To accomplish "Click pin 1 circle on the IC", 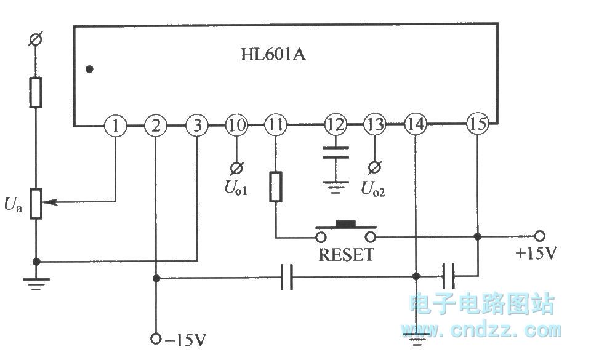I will [x=115, y=126].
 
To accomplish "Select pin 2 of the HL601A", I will [x=156, y=126].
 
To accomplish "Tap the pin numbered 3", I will [x=197, y=126].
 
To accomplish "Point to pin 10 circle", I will [x=236, y=126].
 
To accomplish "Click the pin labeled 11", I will [x=275, y=126].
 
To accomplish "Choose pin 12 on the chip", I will [x=336, y=126].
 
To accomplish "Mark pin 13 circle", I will [x=374, y=126].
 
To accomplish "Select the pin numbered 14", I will [x=416, y=126].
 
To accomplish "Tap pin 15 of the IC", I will [x=477, y=125].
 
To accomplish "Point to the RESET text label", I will [x=345, y=255].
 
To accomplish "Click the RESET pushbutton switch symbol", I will [x=345, y=231].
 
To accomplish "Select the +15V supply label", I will [x=537, y=253].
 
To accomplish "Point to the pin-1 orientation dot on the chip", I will [x=90, y=69].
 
